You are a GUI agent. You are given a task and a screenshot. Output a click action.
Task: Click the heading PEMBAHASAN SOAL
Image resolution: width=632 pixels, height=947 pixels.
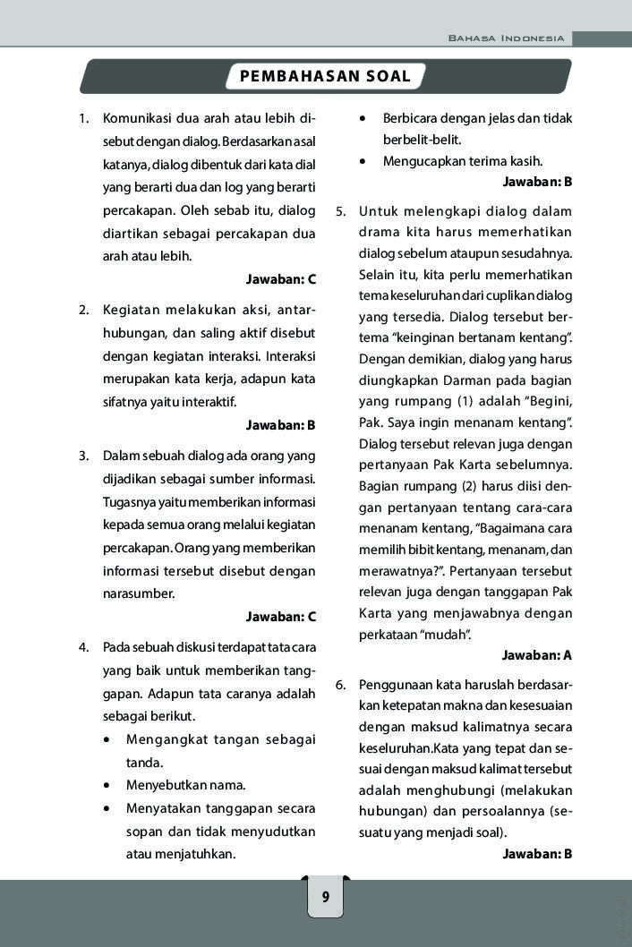(x=325, y=77)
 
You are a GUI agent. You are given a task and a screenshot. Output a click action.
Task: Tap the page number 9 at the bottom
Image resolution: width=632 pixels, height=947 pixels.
(x=325, y=897)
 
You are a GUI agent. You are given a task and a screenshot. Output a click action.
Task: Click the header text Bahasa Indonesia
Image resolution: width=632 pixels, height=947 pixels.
(x=507, y=38)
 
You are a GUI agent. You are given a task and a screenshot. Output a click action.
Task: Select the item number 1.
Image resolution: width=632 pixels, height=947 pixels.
(x=83, y=118)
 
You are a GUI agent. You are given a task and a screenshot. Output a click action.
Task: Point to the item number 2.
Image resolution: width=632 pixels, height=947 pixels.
(x=83, y=310)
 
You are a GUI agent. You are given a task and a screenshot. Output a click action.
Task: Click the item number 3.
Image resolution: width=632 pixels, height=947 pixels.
(x=83, y=455)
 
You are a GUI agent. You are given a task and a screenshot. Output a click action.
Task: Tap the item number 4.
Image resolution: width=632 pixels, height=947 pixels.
(x=83, y=646)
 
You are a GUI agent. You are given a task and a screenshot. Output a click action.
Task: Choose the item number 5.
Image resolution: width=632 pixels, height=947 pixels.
(x=341, y=211)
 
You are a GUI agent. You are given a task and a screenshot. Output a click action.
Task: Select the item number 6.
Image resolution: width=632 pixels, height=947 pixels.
(x=341, y=685)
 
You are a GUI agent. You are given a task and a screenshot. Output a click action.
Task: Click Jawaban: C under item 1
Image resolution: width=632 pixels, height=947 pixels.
(x=281, y=279)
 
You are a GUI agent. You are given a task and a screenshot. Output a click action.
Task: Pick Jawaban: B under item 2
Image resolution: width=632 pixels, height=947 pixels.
(x=281, y=424)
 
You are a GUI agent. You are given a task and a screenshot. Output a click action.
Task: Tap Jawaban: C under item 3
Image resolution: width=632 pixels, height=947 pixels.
(x=281, y=617)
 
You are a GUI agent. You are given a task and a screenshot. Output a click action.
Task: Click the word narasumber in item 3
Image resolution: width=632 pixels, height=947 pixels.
(x=139, y=593)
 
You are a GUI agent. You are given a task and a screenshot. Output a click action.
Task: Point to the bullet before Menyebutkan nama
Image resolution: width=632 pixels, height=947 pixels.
(x=107, y=786)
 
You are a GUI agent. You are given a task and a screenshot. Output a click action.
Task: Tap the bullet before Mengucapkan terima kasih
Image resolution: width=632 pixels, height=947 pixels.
(x=363, y=162)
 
